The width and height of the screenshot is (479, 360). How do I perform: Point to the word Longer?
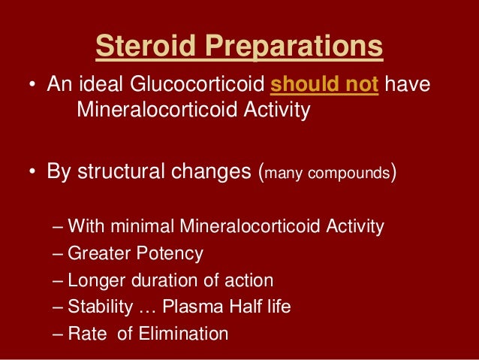(94, 281)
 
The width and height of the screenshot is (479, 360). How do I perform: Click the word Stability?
(97, 307)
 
